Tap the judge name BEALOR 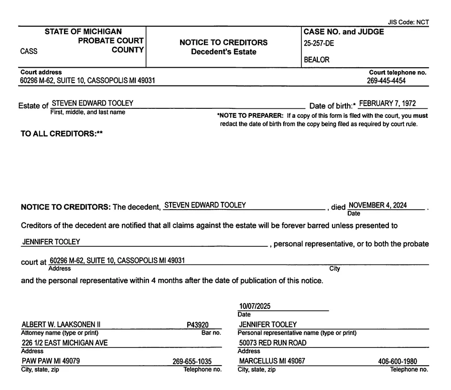(x=316, y=60)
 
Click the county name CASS (x=29, y=52)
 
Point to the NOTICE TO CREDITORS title (x=223, y=42)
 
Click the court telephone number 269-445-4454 (x=386, y=81)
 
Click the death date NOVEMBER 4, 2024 (x=377, y=206)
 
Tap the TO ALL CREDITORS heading (x=62, y=134)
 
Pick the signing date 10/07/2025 (x=255, y=307)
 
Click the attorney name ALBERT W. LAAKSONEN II (x=61, y=325)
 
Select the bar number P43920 (x=197, y=325)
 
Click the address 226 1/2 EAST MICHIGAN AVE (x=64, y=343)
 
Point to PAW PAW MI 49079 (x=51, y=361)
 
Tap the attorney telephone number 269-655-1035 (x=192, y=362)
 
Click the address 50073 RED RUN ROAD (x=272, y=343)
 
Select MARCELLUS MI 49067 (x=271, y=361)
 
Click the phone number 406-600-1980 (x=397, y=362)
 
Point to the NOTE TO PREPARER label (x=250, y=116)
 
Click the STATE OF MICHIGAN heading (x=83, y=32)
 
